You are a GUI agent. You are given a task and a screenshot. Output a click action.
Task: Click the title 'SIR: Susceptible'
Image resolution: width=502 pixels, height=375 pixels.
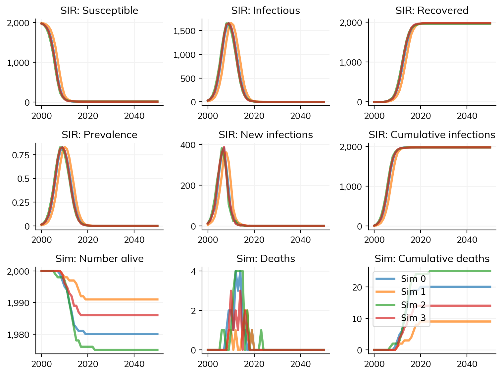point(99,11)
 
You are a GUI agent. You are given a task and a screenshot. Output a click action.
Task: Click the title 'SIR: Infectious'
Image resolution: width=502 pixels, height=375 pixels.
point(266,11)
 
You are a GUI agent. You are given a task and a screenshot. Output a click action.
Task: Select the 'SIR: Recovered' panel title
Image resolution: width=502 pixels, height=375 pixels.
point(432,11)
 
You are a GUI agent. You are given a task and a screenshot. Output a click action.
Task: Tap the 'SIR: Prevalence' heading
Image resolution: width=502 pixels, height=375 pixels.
point(99,135)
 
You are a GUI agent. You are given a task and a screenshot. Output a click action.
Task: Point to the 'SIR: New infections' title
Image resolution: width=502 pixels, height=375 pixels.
point(266,135)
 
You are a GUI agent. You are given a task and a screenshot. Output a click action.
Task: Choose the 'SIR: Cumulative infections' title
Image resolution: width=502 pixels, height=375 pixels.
point(432,135)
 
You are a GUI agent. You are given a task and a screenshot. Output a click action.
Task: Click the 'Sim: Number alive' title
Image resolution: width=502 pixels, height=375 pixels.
point(99,259)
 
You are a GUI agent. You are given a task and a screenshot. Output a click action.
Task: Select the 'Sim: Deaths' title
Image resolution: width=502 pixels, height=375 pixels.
point(266,259)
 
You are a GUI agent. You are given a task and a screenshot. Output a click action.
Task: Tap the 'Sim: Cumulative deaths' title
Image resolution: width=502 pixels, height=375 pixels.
point(432,259)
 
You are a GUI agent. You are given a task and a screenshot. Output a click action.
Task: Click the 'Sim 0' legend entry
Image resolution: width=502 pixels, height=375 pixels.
point(413,279)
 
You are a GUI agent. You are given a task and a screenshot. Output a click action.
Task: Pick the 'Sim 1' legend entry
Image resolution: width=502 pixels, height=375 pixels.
point(413,292)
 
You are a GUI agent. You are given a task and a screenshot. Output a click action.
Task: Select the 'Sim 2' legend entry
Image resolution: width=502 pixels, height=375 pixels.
point(413,305)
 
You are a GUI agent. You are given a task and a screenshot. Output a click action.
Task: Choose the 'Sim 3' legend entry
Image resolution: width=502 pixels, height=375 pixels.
point(413,318)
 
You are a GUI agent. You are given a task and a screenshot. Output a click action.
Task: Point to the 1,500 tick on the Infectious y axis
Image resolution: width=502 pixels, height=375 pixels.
point(184,31)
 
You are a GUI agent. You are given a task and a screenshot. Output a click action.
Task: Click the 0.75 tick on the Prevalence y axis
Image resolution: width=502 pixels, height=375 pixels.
point(21,155)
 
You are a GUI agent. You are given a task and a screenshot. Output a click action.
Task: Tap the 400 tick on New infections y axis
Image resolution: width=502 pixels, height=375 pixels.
point(188,145)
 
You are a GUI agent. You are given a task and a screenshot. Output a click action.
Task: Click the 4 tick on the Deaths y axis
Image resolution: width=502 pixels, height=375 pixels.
point(193,271)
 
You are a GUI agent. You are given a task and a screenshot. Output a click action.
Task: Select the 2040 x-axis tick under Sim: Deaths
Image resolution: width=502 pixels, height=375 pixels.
point(300,364)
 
